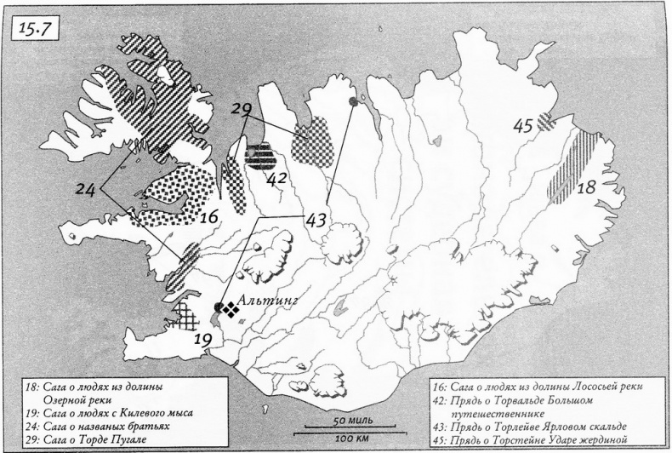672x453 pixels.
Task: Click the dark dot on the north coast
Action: pyautogui.click(x=352, y=102)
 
